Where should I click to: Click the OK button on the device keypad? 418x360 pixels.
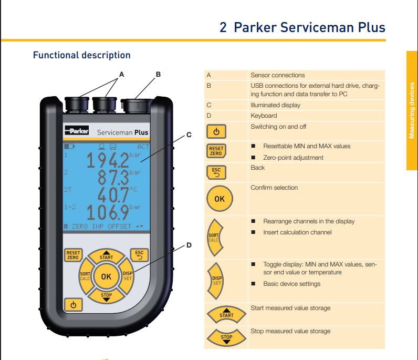click(x=106, y=276)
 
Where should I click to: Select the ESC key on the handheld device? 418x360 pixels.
click(x=139, y=255)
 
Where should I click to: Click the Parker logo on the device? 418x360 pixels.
click(x=77, y=131)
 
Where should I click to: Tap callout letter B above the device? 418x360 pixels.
click(x=158, y=75)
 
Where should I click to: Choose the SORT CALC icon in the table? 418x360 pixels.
click(x=216, y=238)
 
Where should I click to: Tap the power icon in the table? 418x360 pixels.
click(x=216, y=131)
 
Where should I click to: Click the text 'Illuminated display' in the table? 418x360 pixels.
click(x=275, y=105)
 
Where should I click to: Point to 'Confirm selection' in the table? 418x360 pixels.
click(x=274, y=188)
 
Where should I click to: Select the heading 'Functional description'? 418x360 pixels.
click(x=81, y=55)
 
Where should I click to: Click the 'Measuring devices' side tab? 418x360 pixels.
click(x=412, y=110)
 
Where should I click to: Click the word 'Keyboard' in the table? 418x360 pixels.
click(x=264, y=116)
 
